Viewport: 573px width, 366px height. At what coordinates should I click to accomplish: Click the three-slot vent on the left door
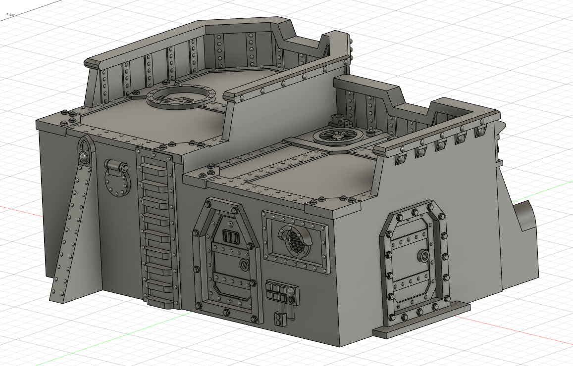(x=230, y=237)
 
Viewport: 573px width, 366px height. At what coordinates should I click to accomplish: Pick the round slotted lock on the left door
(x=243, y=265)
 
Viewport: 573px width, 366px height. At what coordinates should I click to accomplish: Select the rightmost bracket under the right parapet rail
(x=480, y=132)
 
